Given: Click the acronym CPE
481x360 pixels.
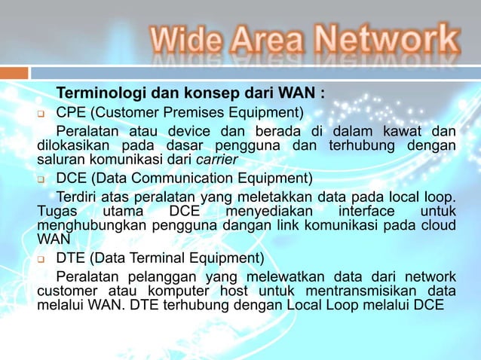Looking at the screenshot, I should tap(71, 114).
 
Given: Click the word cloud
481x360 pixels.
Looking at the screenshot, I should tap(439, 225).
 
